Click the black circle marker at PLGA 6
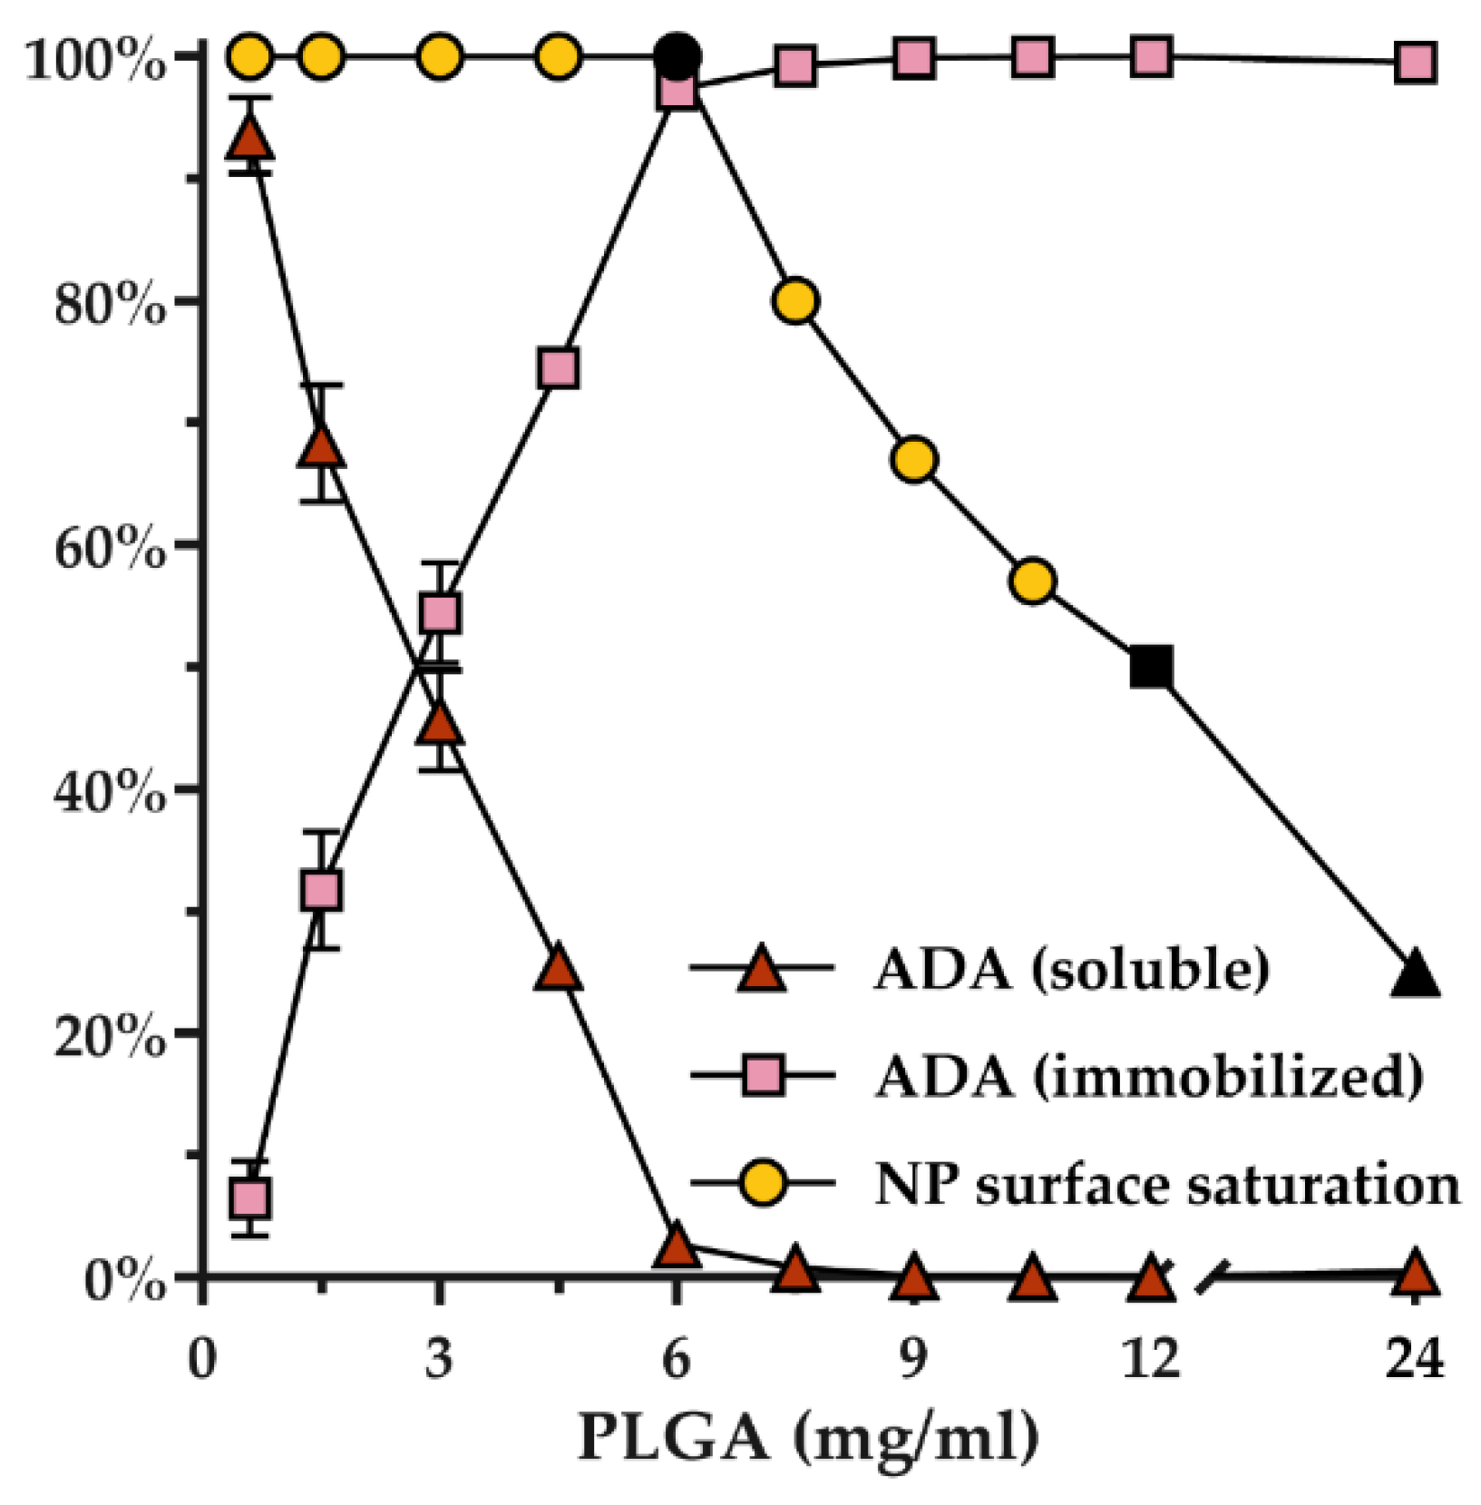(x=677, y=56)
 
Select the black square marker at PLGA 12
(x=1151, y=668)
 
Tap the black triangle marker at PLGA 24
(x=1415, y=976)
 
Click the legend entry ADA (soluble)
(x=1070, y=969)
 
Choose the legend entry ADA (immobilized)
(x=1147, y=1077)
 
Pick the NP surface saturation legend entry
(x=1166, y=1184)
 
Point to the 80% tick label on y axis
(x=110, y=305)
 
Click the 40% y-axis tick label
(x=110, y=793)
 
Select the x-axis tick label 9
(x=913, y=1359)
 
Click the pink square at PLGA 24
(x=1415, y=64)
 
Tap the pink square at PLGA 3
(x=440, y=613)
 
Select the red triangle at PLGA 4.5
(x=559, y=970)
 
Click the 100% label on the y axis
(x=95, y=62)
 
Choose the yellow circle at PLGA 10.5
(x=1033, y=581)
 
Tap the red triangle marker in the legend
(x=762, y=970)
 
